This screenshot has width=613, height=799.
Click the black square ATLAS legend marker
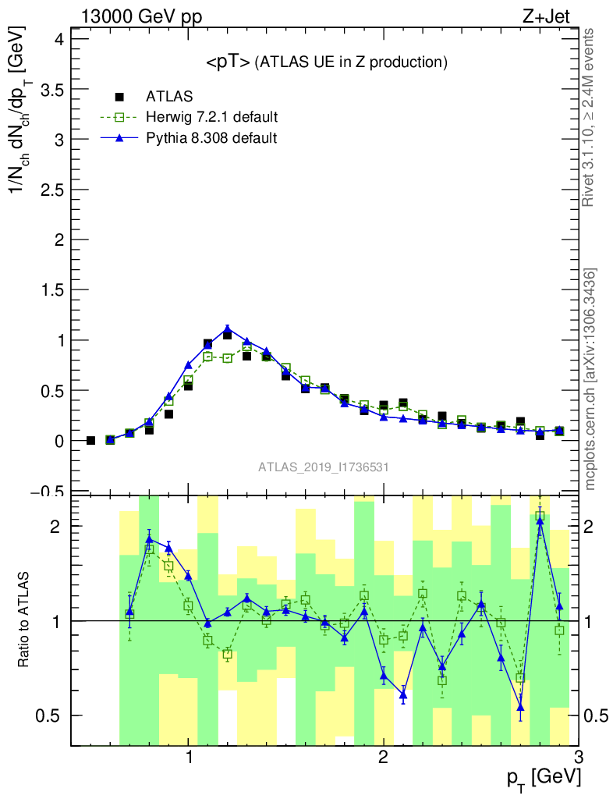point(119,97)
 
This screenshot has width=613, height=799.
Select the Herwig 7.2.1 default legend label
point(212,117)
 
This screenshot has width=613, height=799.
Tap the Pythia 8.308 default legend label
point(211,138)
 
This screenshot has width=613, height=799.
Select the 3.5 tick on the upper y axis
point(52,90)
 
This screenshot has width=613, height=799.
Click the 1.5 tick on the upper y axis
point(52,290)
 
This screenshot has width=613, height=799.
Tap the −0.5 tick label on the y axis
point(48,490)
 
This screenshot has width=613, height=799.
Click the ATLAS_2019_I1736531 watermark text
point(324,467)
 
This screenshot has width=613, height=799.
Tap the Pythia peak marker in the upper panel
point(227,329)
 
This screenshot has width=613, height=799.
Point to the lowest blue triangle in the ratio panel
point(520,708)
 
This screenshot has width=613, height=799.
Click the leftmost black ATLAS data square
point(90,441)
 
